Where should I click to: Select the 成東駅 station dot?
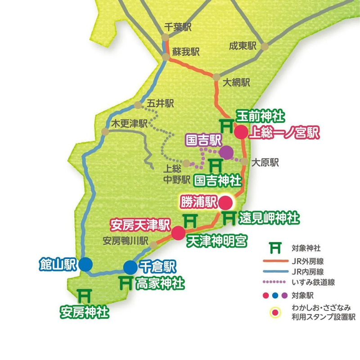coord(265,46)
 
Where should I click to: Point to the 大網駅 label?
coord(237,82)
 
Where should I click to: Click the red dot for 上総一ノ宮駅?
coord(241,132)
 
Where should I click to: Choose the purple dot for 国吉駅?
coord(226,153)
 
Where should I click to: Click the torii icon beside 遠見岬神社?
coord(229,218)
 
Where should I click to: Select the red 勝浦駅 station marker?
coord(225,202)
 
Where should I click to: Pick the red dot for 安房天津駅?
coord(178,233)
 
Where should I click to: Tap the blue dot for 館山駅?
coord(85,264)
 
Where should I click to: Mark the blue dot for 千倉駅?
coord(130,267)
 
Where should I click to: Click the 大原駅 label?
coord(265,162)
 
